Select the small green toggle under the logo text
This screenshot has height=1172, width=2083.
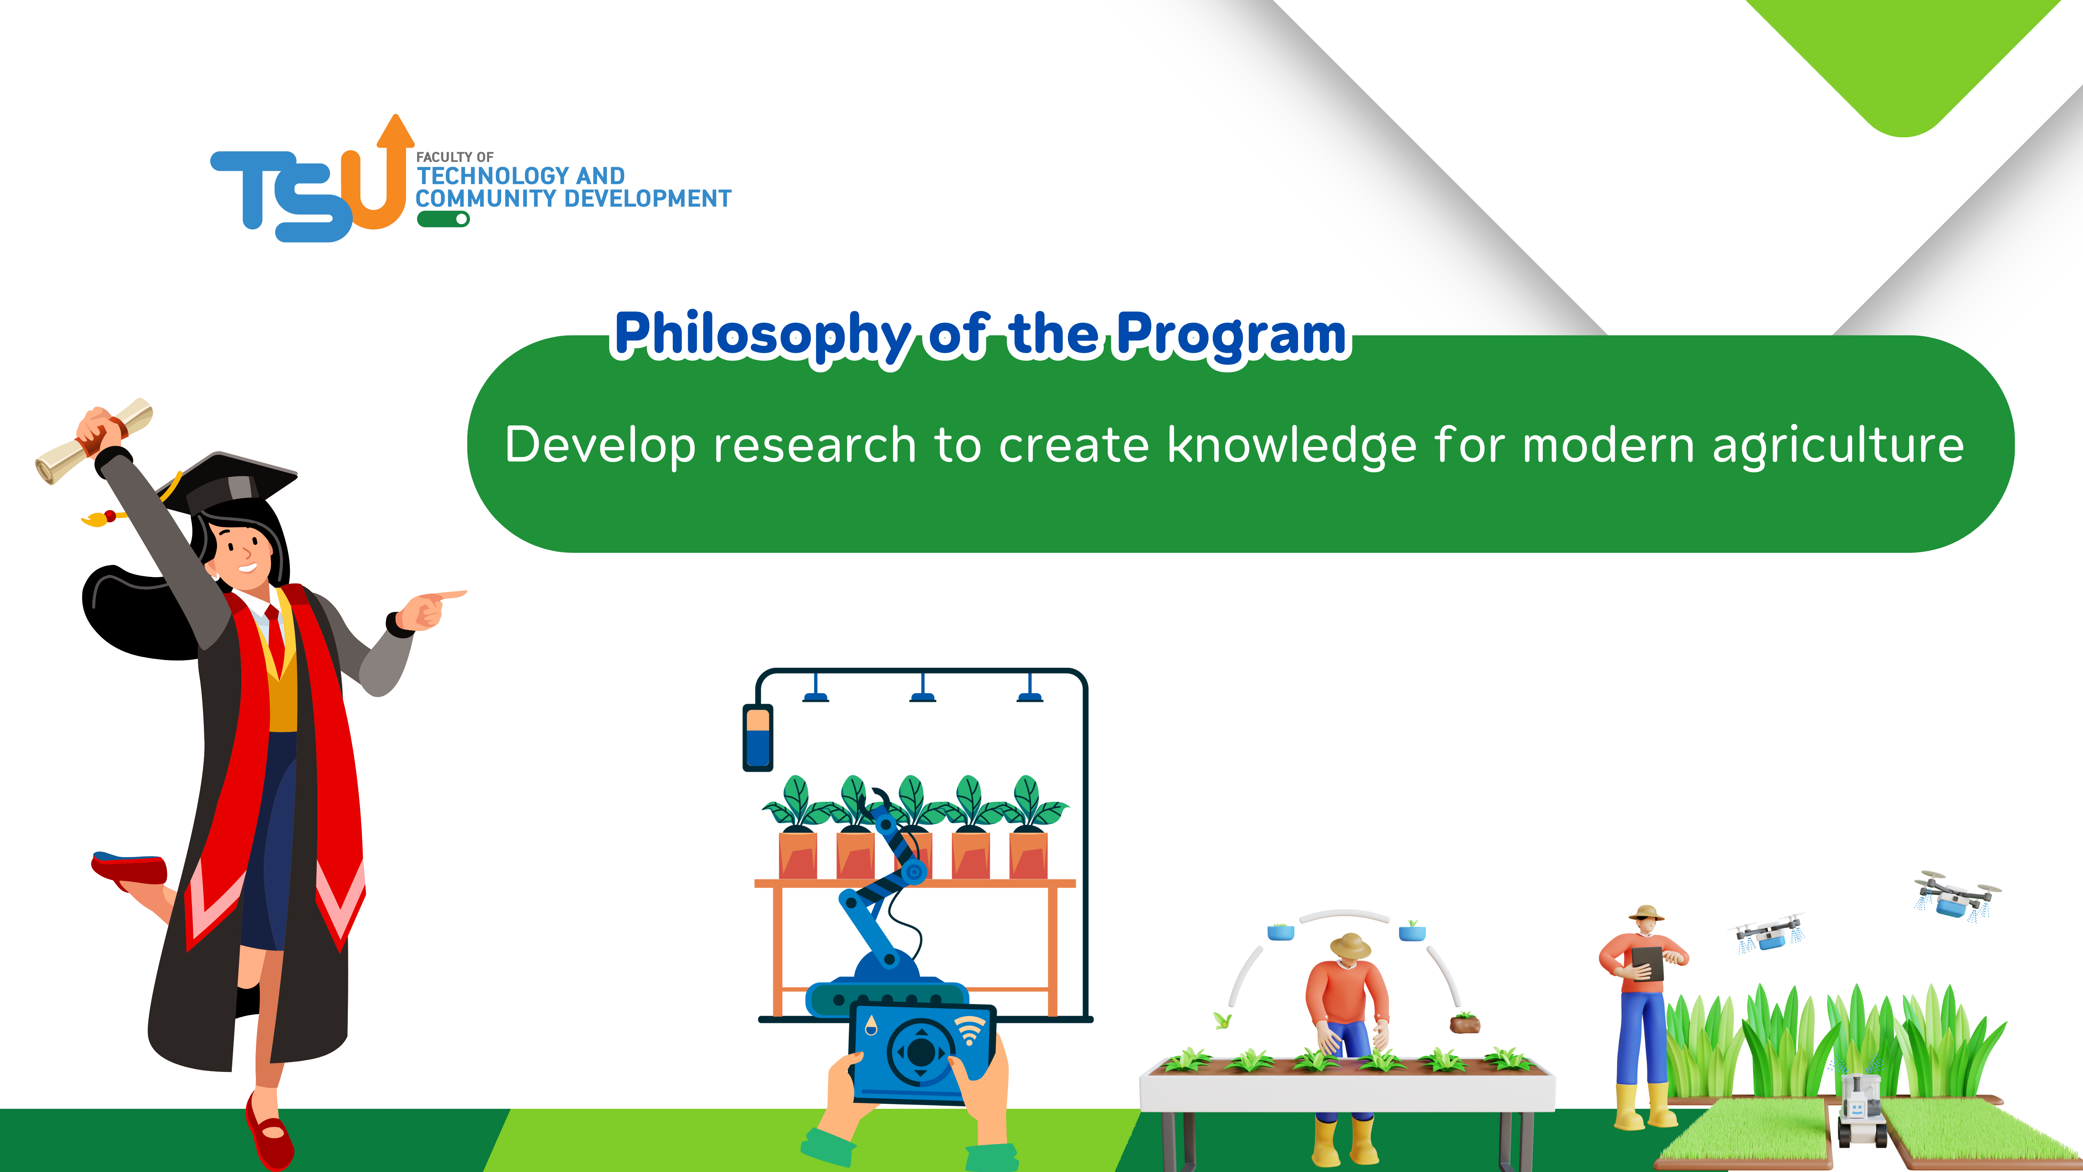click(443, 219)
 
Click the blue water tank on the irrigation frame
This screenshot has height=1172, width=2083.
click(758, 738)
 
